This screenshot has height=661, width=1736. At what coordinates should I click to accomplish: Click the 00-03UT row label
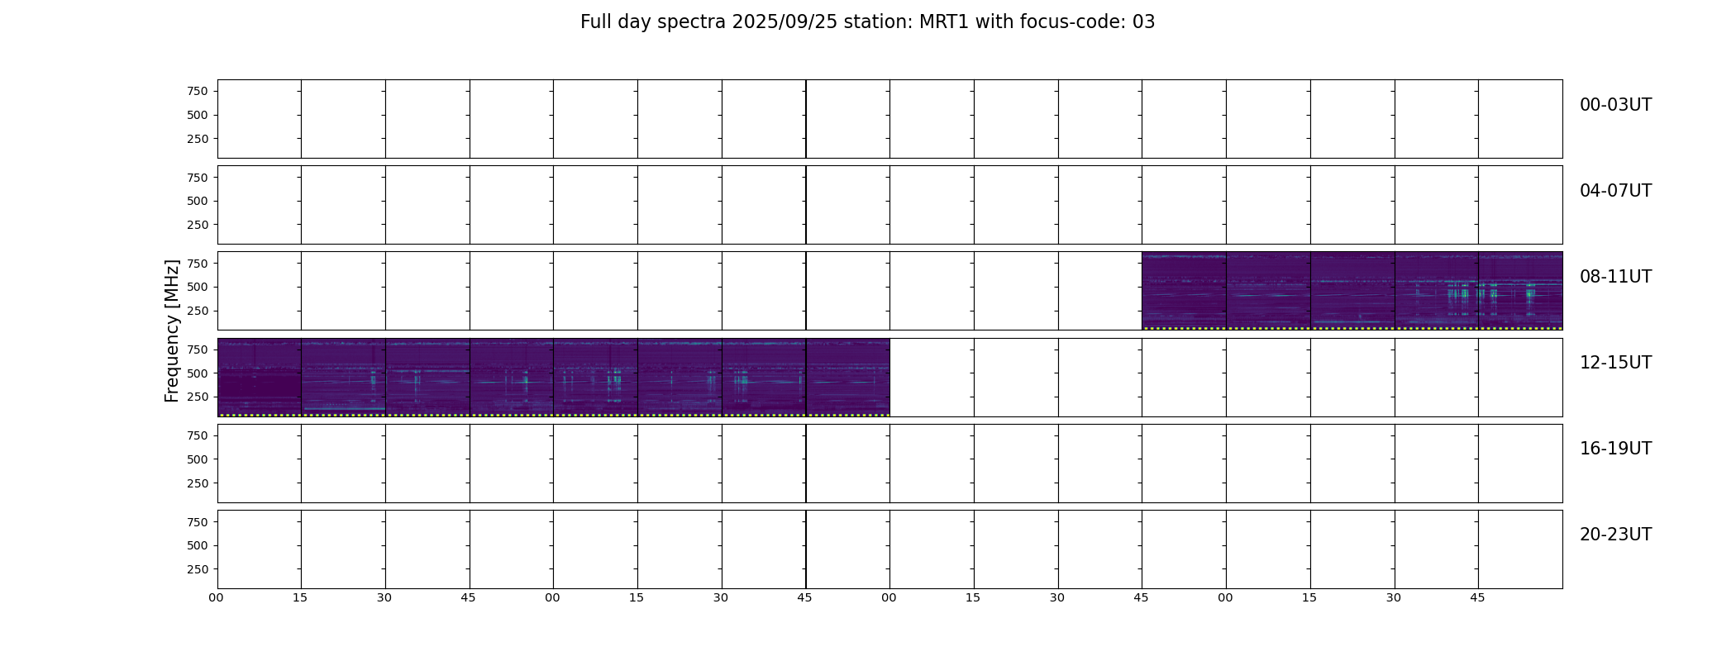point(1615,105)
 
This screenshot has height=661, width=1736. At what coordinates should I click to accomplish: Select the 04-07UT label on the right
point(1615,191)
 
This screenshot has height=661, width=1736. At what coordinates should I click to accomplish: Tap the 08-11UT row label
point(1615,277)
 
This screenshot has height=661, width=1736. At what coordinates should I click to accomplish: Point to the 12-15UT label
point(1615,363)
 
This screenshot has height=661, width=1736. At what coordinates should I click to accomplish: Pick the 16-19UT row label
point(1615,449)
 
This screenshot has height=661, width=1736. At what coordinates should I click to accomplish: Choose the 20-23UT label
point(1615,535)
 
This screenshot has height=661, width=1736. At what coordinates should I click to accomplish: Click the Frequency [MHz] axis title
point(172,330)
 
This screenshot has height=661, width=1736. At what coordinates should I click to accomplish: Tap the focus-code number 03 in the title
point(1143,22)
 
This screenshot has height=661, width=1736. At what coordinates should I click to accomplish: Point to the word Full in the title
point(595,22)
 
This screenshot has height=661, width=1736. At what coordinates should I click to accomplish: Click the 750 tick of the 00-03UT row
point(198,91)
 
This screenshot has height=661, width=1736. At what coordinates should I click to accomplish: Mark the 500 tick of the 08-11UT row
point(198,288)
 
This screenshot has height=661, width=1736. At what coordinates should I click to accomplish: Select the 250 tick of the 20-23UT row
point(198,569)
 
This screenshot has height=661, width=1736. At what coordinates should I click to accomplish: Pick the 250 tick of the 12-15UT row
point(198,397)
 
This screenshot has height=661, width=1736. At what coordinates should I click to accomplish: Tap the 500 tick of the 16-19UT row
point(198,459)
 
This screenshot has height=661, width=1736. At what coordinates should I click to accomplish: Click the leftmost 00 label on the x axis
point(216,597)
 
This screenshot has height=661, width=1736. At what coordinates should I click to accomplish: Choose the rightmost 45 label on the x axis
point(1477,597)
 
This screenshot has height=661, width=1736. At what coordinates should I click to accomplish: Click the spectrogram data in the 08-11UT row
point(1352,291)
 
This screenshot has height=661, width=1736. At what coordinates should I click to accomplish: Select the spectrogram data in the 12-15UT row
point(554,377)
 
